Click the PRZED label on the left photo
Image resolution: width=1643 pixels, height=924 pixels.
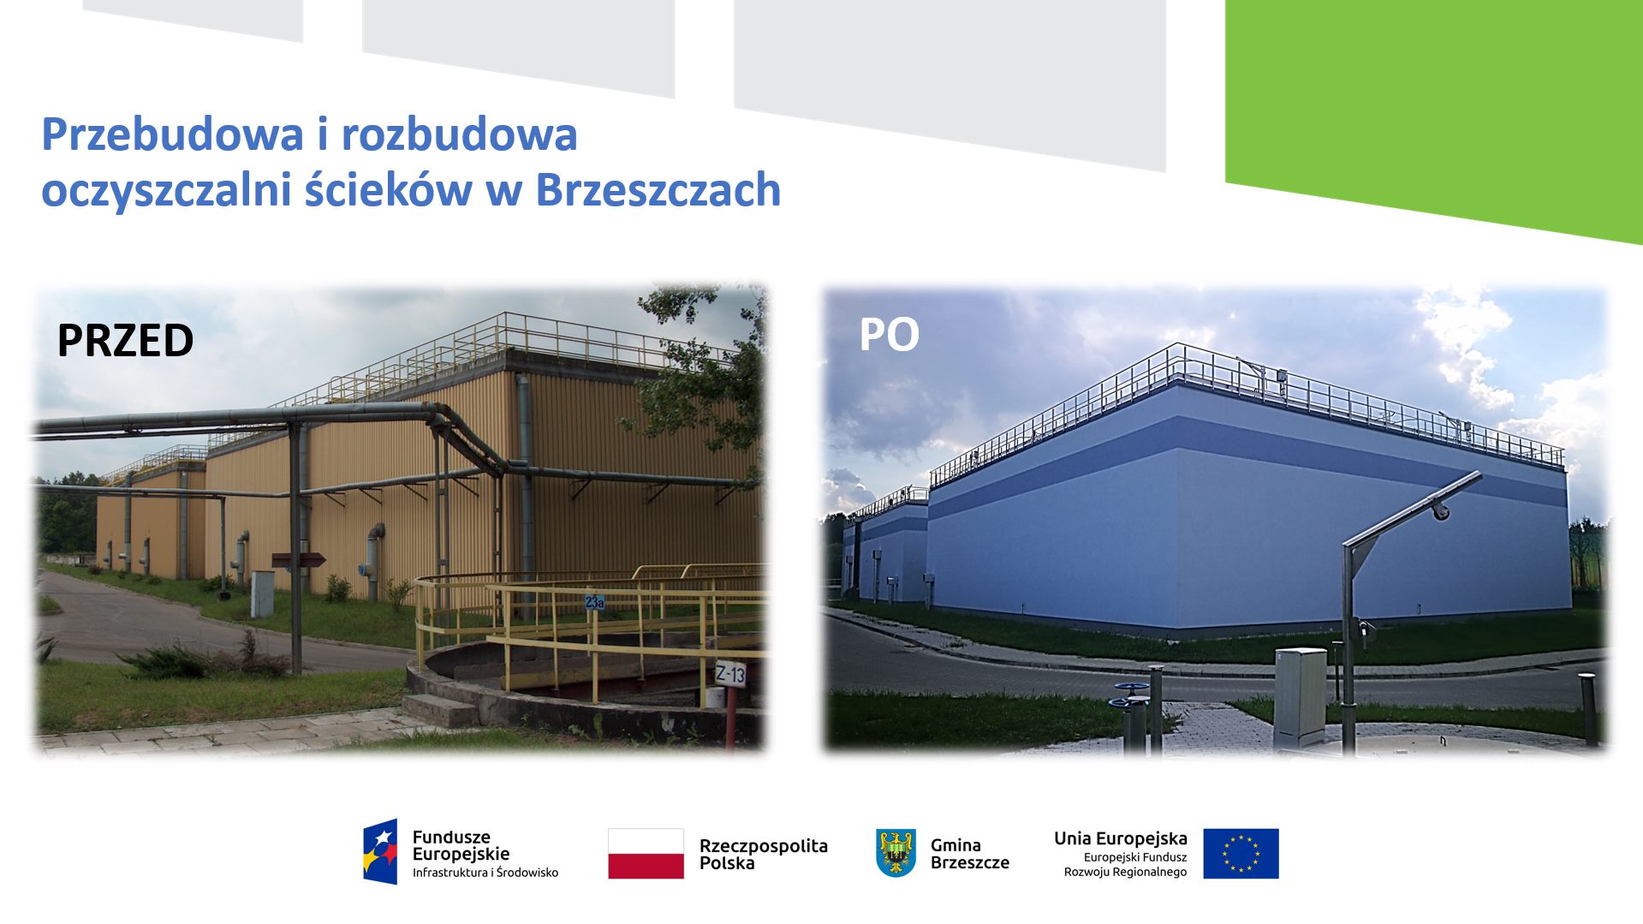coord(125,341)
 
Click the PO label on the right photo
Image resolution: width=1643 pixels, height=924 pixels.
coord(889,335)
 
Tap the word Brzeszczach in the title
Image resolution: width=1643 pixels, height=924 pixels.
coord(658,190)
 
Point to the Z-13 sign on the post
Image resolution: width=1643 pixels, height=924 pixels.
coord(730,674)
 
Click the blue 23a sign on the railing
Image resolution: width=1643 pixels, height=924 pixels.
coord(594,602)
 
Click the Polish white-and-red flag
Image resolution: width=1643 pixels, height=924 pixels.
coord(646,853)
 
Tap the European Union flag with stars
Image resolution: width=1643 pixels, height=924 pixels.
coord(1241,853)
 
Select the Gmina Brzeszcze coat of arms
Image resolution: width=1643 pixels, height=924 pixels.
coord(896,852)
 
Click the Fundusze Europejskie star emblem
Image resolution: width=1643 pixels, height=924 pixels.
coord(380,851)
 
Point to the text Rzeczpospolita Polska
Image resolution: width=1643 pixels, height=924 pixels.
coord(763,854)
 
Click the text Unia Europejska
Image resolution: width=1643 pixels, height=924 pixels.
coord(1120,838)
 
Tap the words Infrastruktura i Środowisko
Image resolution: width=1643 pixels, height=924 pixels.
coord(485,873)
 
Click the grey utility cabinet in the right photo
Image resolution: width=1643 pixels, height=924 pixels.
coord(1300,697)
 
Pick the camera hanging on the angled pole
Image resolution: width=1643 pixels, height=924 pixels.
coord(1441,511)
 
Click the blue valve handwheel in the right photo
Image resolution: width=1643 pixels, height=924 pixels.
coord(1133,689)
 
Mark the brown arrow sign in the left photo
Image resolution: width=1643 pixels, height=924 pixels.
coord(298,560)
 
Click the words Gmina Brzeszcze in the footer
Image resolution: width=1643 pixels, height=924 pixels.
coord(969,854)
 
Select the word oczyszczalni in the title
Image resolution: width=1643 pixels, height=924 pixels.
coord(166,190)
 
